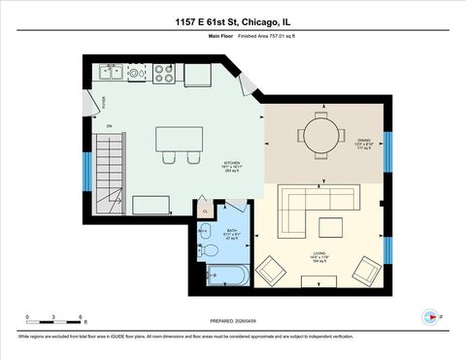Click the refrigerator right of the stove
(x=198, y=74)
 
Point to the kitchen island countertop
(x=179, y=139)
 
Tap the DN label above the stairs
(x=109, y=126)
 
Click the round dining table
(x=321, y=133)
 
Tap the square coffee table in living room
(x=331, y=228)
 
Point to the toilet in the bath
(x=208, y=250)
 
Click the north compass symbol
(x=431, y=316)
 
